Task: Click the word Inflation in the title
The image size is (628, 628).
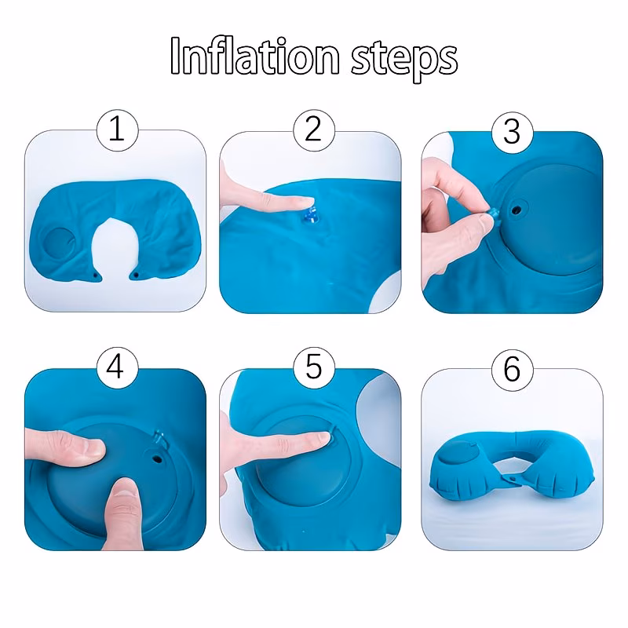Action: click(254, 56)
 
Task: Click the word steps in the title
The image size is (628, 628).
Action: click(404, 60)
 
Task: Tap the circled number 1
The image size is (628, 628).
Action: click(117, 130)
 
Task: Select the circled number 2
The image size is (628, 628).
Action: click(313, 130)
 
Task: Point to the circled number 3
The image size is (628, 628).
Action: click(513, 132)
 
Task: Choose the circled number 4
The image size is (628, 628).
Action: click(117, 368)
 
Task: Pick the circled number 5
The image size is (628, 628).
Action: click(313, 368)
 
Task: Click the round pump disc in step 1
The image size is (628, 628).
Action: click(59, 244)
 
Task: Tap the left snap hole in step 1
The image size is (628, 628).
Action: click(95, 276)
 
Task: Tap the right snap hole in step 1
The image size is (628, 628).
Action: click(136, 276)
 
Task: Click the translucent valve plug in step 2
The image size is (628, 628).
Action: click(311, 215)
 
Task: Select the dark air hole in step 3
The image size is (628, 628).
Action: click(517, 209)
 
